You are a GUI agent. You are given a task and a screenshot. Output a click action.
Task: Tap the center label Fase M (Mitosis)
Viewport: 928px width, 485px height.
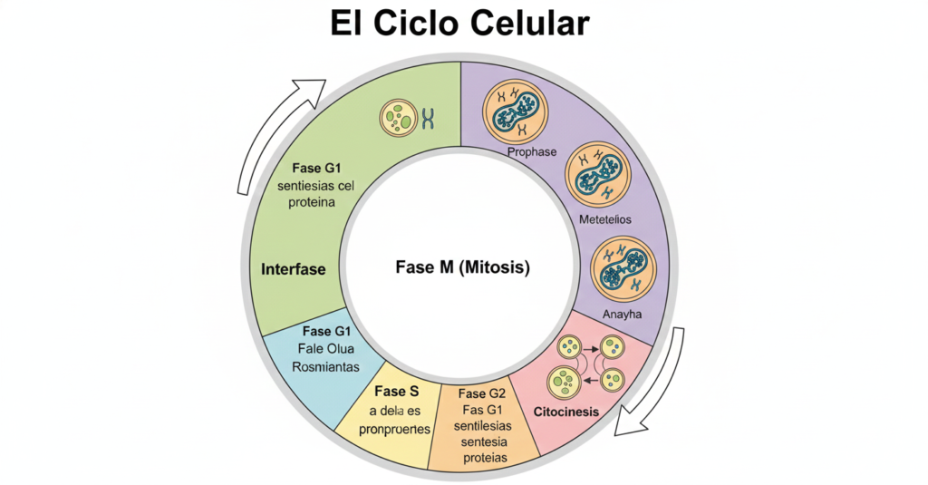click(x=462, y=267)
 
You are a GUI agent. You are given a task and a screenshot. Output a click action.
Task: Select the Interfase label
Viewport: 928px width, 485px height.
click(x=293, y=269)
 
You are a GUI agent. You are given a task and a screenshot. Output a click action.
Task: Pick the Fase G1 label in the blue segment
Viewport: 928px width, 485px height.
click(x=330, y=331)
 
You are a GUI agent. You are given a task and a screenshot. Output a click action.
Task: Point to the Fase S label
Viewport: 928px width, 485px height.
click(x=395, y=391)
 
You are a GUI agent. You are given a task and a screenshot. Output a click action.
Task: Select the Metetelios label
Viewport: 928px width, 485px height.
click(x=604, y=220)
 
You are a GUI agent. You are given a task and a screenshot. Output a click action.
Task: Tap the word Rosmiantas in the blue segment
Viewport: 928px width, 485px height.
click(x=325, y=367)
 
